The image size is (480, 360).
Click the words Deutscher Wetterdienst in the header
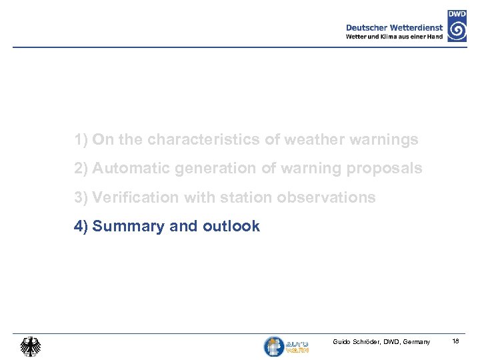click(394, 27)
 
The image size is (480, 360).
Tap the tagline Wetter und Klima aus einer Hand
click(394, 37)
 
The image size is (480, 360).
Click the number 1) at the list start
click(81, 140)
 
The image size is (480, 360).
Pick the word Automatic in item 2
click(131, 169)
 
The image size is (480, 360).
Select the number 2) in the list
click(81, 169)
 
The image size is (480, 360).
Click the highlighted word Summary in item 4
click(129, 227)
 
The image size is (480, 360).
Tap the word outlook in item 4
click(231, 227)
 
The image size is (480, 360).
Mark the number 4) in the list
click(81, 227)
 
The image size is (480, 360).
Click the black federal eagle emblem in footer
click(30, 346)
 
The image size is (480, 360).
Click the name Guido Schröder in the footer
click(355, 342)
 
